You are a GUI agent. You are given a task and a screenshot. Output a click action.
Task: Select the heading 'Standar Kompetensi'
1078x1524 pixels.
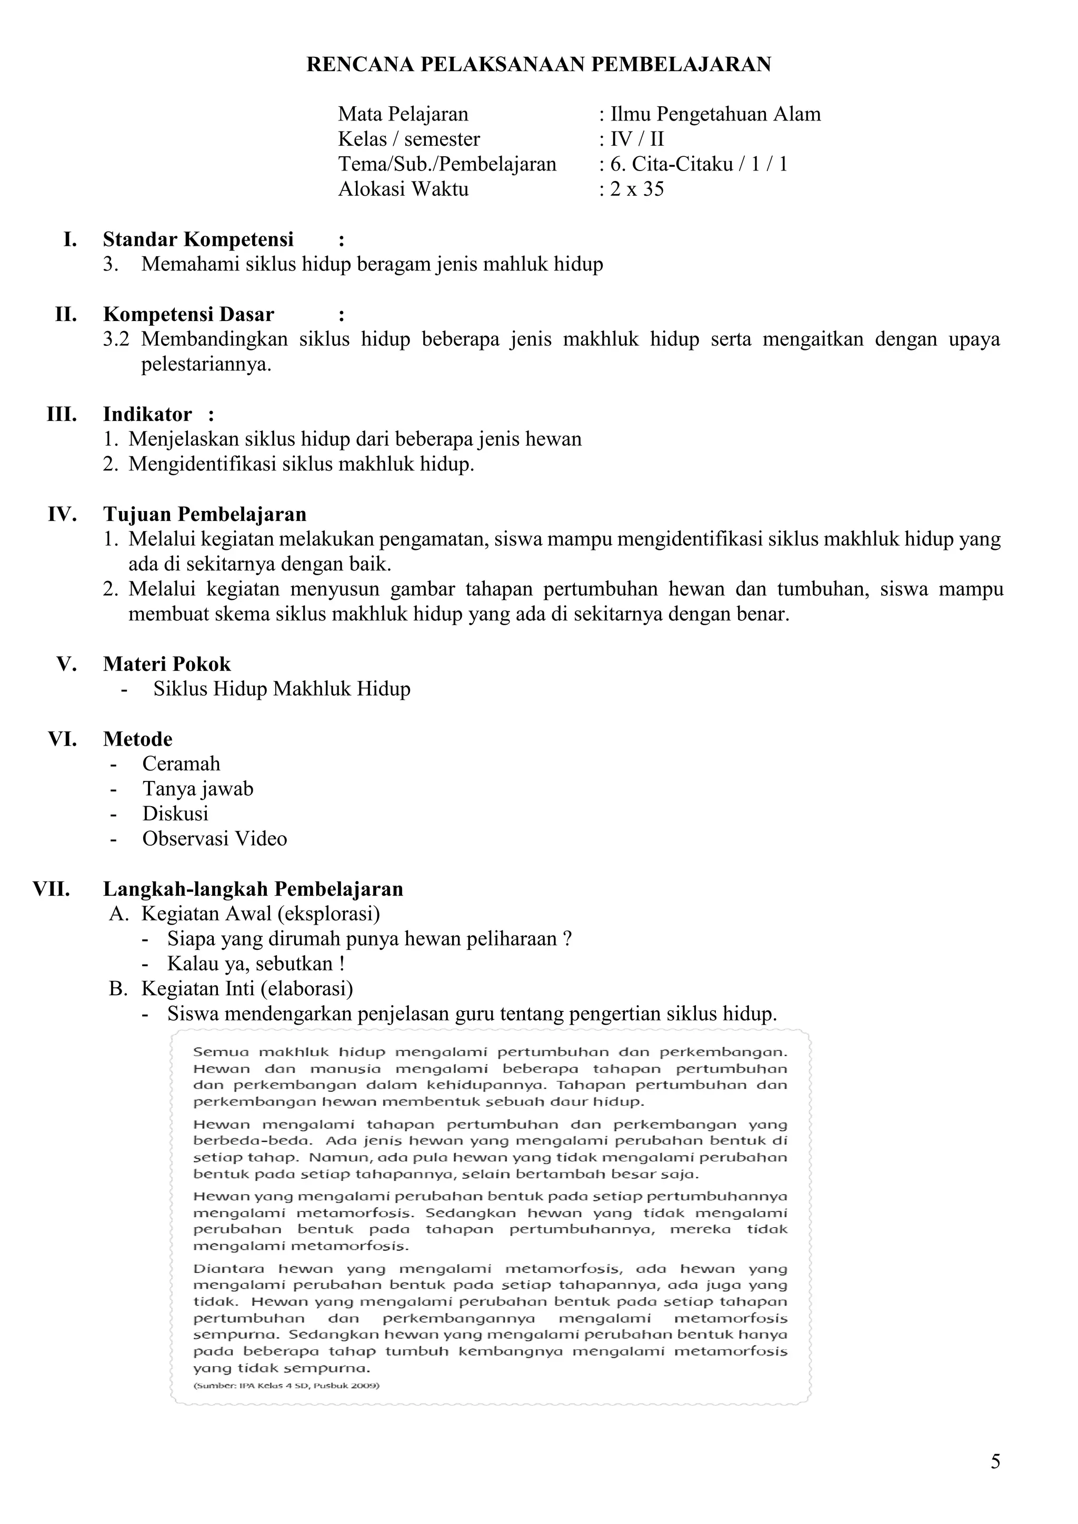coord(198,239)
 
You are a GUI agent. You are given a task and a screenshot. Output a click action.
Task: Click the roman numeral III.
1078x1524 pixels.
coord(62,415)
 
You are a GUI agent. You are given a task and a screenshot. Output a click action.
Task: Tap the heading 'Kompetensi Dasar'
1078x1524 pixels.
coord(188,315)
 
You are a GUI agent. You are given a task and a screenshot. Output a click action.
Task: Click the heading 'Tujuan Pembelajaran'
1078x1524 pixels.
coord(204,515)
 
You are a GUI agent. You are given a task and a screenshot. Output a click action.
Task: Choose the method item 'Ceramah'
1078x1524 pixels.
coord(181,764)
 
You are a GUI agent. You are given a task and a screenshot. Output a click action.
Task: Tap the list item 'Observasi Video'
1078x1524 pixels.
coord(214,839)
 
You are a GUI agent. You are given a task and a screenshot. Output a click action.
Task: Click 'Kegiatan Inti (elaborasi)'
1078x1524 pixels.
coord(247,989)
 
